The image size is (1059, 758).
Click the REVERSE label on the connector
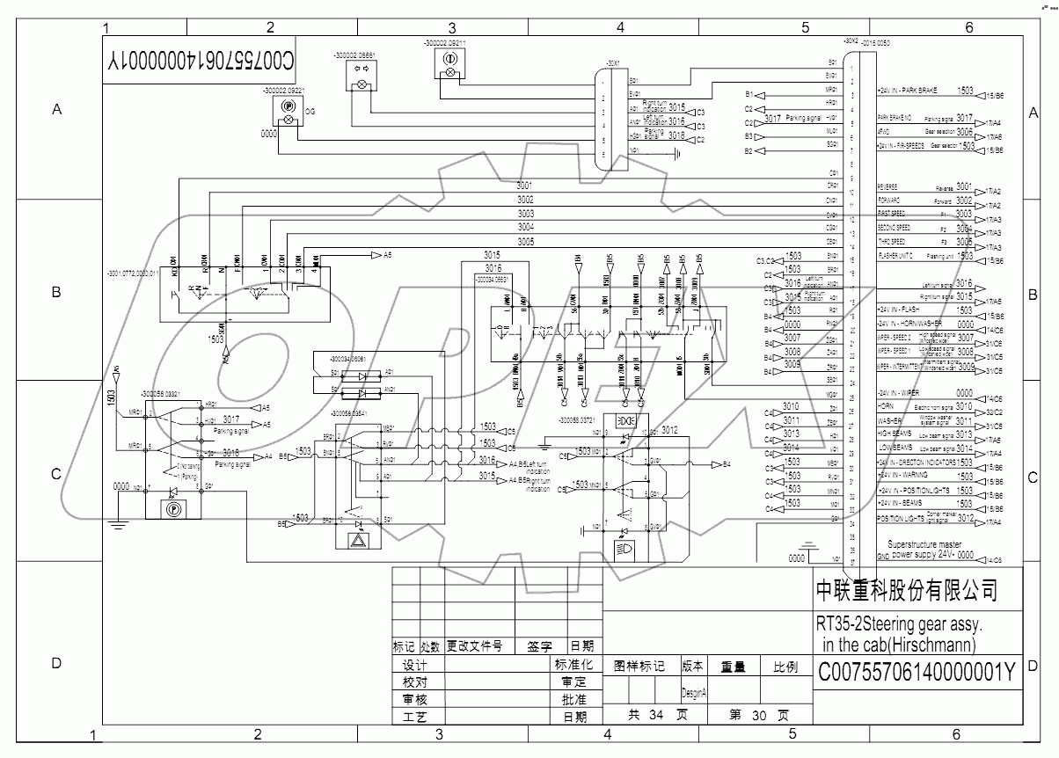click(888, 187)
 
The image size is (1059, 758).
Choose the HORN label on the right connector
click(886, 407)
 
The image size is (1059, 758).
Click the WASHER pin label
click(890, 420)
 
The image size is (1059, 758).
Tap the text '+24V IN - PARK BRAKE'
click(908, 91)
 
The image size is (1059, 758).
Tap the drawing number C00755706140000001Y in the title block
click(917, 673)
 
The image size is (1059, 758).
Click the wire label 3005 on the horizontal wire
click(526, 241)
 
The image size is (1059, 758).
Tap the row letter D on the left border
click(57, 663)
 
